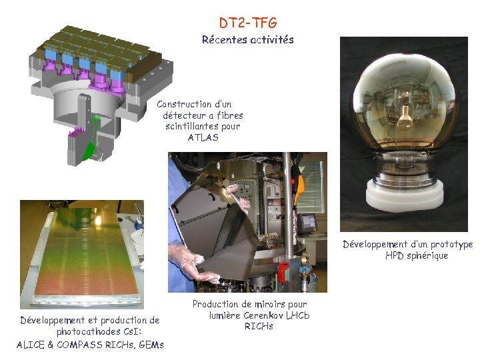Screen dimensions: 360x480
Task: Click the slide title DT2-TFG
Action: (248, 24)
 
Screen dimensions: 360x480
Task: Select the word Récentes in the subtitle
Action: (223, 40)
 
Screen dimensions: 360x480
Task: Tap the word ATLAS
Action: (203, 138)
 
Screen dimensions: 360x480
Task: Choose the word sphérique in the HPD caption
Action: (427, 256)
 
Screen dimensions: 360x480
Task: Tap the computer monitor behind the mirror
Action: (307, 222)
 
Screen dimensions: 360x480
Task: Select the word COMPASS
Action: (83, 345)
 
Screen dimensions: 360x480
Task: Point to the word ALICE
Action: (31, 345)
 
